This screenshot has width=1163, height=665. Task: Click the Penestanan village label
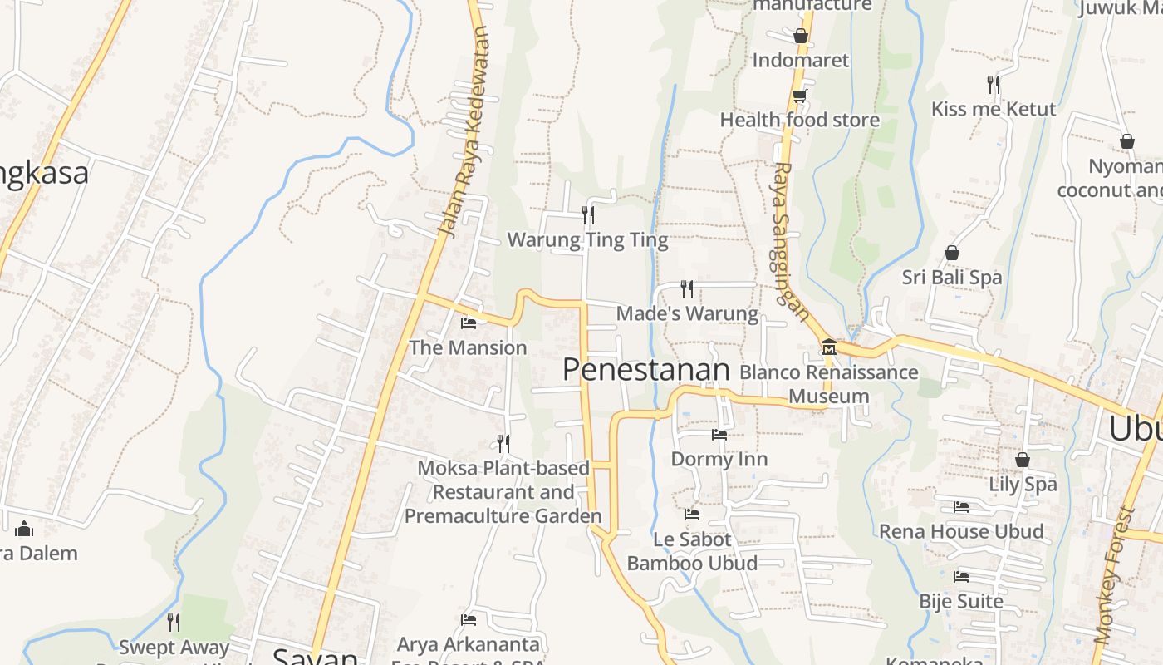646,370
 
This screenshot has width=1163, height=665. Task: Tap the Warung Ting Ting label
587,240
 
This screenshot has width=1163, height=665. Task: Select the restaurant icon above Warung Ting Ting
587,215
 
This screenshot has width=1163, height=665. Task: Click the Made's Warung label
687,313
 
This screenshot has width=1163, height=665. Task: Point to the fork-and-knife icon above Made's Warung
687,288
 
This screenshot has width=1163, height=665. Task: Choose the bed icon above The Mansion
469,323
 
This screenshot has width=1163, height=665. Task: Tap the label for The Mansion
469,347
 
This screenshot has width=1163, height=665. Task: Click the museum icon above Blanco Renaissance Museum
828,347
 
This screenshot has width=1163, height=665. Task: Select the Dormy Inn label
719,459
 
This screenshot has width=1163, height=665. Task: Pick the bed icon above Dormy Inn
719,434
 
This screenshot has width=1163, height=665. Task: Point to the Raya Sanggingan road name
790,241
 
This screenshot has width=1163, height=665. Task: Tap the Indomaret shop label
801,60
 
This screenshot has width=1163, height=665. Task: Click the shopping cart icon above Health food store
799,96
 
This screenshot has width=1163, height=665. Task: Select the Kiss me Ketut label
994,109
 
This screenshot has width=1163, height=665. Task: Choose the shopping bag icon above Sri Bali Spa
952,253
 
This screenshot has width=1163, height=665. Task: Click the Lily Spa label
1023,484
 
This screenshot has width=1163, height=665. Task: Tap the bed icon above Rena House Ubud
961,507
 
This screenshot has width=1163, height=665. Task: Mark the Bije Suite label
961,601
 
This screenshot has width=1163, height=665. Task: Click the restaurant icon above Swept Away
174,622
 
